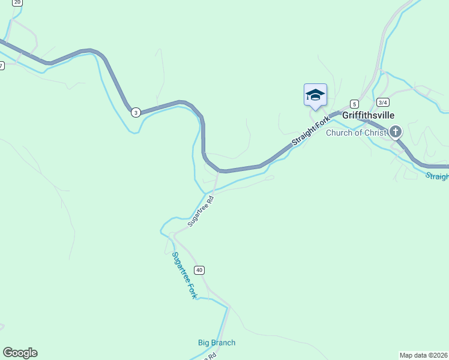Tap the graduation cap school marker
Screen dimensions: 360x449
(315, 95)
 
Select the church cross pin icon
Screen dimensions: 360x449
(396, 131)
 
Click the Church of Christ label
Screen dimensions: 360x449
(357, 133)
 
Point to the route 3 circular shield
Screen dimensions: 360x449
(136, 112)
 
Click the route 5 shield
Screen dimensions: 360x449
(355, 103)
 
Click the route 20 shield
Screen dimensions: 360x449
(17, 2)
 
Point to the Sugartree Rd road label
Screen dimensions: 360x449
(200, 210)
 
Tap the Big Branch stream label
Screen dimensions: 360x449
(217, 343)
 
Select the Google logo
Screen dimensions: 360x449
(20, 353)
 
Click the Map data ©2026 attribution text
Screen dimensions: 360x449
(424, 355)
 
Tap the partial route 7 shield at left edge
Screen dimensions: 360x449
(2, 65)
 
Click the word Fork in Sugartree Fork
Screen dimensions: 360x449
(191, 292)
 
